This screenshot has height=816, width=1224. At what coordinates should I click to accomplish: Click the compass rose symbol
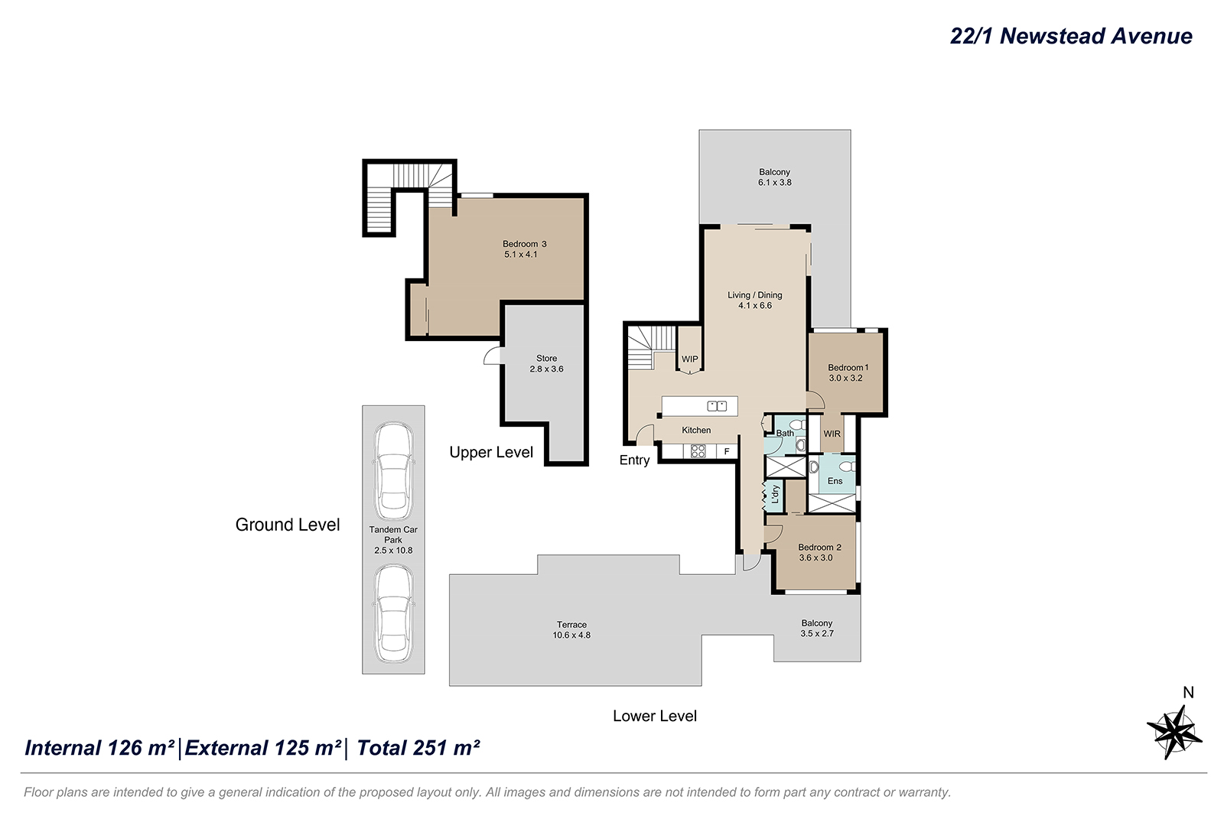1174,731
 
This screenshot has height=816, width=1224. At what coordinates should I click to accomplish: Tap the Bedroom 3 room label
524,244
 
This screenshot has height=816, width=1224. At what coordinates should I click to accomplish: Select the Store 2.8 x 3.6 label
546,363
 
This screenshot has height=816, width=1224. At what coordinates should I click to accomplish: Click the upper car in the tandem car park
393,472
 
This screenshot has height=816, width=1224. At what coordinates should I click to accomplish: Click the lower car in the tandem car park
393,613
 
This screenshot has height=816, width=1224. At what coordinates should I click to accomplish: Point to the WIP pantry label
689,359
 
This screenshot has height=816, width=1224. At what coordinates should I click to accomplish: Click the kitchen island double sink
716,406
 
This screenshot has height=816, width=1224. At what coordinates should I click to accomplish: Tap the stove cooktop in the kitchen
698,451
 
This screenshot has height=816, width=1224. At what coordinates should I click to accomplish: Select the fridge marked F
727,451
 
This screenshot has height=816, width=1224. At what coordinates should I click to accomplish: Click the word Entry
634,460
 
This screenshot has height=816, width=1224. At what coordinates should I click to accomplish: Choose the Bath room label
785,433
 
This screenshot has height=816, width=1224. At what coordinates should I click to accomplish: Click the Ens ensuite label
835,481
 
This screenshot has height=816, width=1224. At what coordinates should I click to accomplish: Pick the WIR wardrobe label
832,434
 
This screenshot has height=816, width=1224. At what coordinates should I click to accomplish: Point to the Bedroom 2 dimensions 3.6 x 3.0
815,558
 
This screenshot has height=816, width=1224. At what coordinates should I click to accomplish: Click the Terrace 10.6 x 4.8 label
571,629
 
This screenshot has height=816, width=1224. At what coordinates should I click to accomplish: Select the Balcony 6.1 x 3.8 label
774,177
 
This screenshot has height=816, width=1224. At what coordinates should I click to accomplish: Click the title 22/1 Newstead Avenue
1070,36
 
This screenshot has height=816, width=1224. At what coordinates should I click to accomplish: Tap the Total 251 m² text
418,748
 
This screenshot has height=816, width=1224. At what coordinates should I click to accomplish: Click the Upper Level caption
491,452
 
